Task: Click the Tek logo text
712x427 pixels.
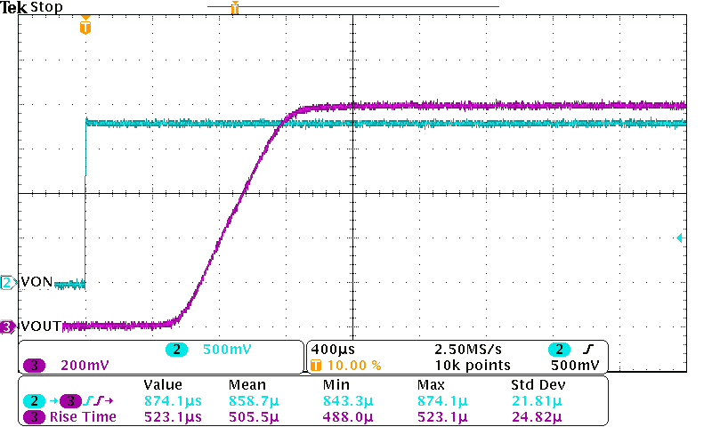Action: click(14, 7)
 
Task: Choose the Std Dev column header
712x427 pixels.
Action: click(537, 385)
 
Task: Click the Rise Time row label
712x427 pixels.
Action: click(83, 416)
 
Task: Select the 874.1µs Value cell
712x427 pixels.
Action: click(173, 400)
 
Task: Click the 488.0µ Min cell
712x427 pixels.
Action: click(342, 416)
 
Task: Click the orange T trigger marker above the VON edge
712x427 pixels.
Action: click(85, 28)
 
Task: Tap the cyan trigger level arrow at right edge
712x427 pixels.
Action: click(679, 238)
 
